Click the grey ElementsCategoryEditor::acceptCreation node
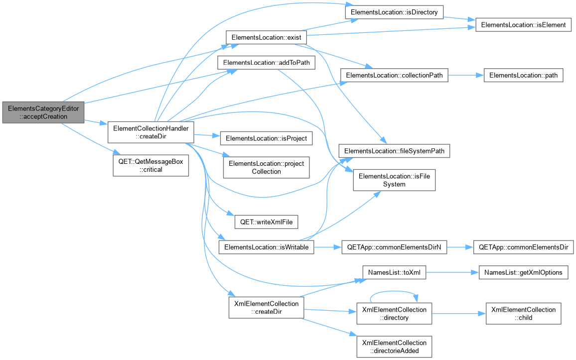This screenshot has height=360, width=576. click(43, 113)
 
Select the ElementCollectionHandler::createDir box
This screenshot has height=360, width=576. click(150, 132)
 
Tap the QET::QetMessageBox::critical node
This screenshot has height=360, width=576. click(150, 165)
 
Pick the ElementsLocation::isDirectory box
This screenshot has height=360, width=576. click(394, 12)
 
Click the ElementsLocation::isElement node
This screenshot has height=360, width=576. click(524, 24)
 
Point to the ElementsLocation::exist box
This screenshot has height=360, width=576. click(267, 37)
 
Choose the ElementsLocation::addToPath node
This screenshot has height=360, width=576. click(267, 62)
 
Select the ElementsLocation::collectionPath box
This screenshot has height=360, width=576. click(394, 75)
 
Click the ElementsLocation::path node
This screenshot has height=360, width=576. click(524, 75)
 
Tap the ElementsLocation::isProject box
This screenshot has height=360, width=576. click(267, 138)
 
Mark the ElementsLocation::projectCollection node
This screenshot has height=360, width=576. click(267, 168)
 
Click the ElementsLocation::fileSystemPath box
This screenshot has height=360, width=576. click(394, 151)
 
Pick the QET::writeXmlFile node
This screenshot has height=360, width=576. click(267, 222)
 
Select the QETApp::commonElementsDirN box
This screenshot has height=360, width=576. click(394, 247)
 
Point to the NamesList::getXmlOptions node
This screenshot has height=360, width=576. click(524, 272)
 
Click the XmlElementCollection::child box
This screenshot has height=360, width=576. click(524, 313)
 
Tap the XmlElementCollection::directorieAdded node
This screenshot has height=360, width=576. click(394, 347)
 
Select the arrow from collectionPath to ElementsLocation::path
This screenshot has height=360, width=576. click(466, 75)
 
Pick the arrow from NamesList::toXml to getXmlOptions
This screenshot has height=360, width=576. click(452, 272)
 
